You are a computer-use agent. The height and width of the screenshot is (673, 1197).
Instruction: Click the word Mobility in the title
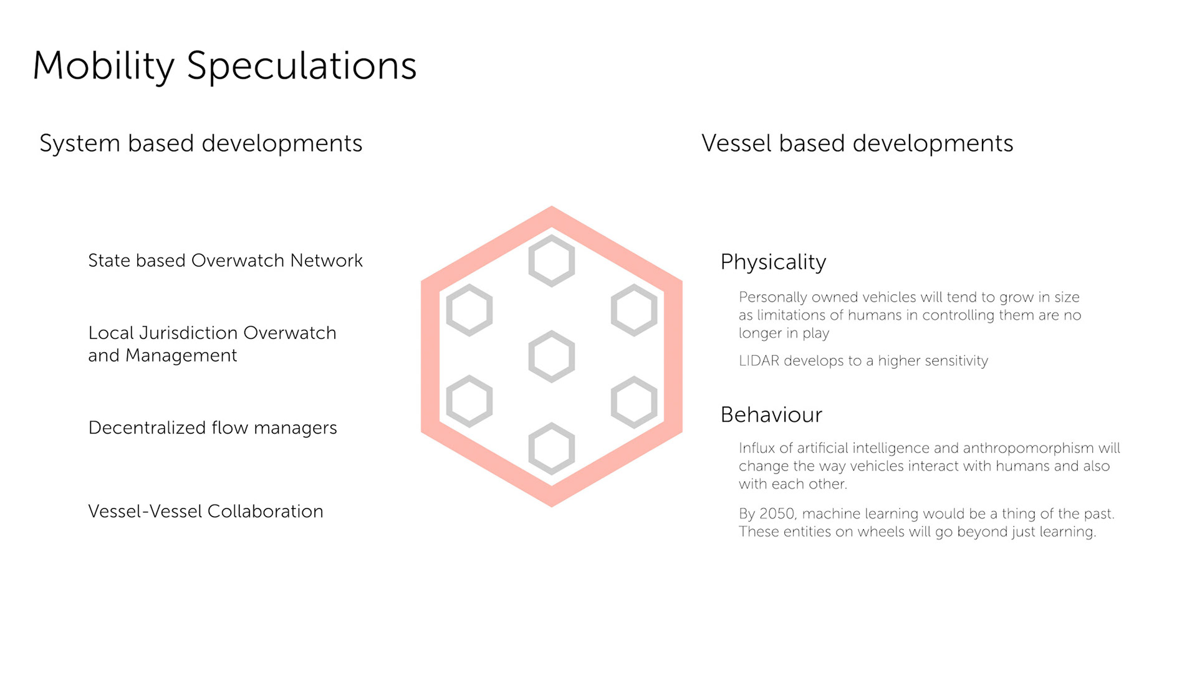point(103,66)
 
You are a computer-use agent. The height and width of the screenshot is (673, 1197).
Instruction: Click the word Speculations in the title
point(302,66)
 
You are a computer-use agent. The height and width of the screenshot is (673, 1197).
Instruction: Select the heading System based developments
point(201,143)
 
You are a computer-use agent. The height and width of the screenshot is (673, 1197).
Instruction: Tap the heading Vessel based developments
point(857,143)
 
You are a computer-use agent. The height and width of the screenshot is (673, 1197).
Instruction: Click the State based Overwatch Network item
point(225,260)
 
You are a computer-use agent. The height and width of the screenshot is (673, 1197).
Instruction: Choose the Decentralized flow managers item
point(213,427)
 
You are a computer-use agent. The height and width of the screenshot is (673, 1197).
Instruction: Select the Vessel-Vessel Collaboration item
point(206,512)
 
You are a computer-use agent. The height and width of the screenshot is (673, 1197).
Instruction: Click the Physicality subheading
point(773,262)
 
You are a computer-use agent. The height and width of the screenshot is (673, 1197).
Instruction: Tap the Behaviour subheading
point(771,415)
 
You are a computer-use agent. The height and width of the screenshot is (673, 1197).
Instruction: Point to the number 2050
point(777,514)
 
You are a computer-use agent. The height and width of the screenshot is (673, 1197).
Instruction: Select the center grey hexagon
point(552,356)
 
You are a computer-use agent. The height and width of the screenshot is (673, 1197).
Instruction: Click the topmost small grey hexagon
point(552,260)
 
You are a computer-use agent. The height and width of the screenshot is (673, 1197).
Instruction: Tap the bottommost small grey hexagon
point(552,449)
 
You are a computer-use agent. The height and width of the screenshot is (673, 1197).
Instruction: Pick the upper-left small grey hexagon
point(469,310)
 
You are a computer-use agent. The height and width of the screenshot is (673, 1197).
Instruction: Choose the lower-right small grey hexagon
point(634,402)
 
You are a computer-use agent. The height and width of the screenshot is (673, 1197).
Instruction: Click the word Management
point(181,356)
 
